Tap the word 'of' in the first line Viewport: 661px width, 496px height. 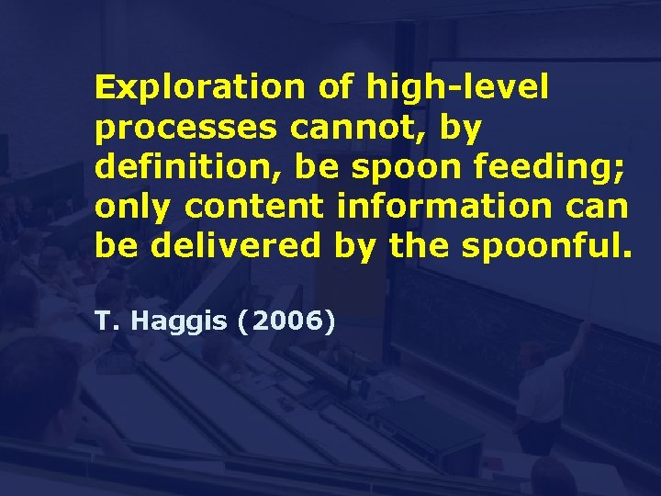pyautogui.click(x=337, y=88)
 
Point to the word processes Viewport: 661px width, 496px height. pyautogui.click(x=185, y=129)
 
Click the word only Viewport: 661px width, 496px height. pyautogui.click(x=132, y=208)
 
